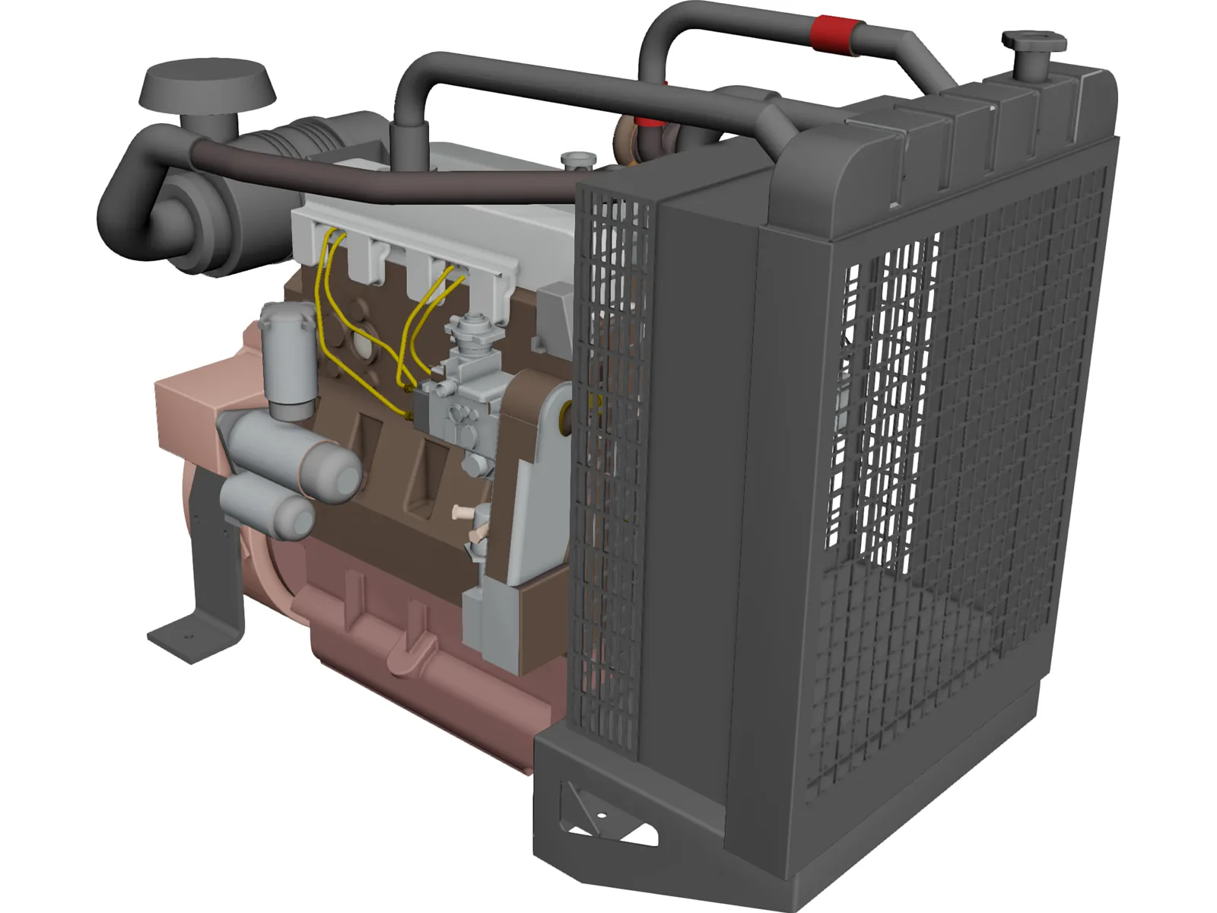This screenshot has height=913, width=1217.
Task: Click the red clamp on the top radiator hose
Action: point(835,35)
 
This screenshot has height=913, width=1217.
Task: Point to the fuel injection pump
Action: point(464,396)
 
